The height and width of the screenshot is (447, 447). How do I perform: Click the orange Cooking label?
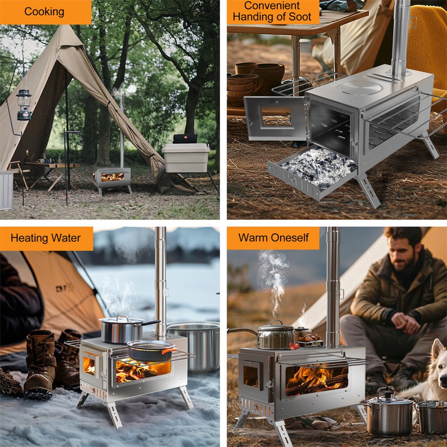coord(44,12)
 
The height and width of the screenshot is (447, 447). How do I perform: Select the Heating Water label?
coord(45,238)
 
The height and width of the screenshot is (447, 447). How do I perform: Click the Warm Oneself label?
coord(273,238)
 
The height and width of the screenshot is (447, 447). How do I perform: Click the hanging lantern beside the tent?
coord(24,104)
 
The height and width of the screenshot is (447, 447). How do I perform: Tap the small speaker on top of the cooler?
coord(185,139)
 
